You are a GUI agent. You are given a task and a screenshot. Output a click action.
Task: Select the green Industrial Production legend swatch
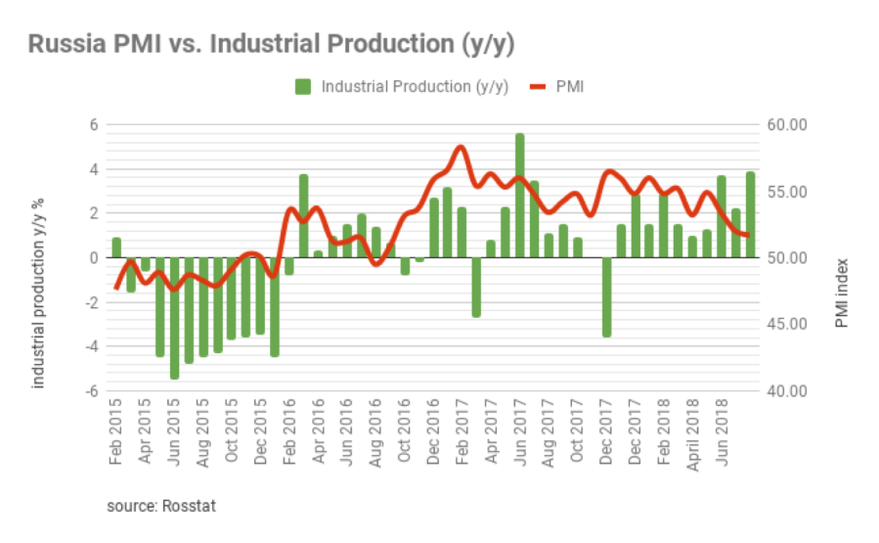point(302,87)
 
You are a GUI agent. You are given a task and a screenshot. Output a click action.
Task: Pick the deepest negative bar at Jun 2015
point(174,318)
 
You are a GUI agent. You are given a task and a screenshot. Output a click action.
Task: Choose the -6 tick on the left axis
point(90,391)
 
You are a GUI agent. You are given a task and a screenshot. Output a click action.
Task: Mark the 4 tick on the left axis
point(95,169)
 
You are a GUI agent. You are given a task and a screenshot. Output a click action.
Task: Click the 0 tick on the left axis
point(95,258)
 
